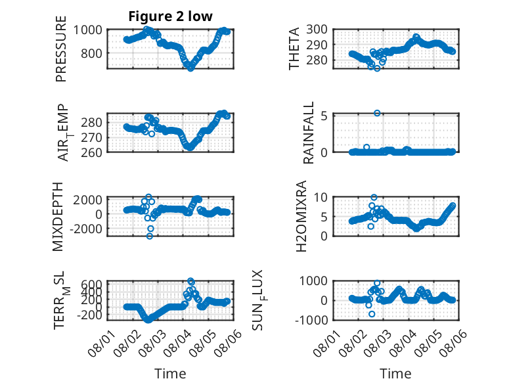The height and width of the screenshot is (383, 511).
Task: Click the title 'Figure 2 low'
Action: click(x=170, y=16)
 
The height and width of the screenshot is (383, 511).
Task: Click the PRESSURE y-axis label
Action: click(x=61, y=49)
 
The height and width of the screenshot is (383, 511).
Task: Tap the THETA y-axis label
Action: click(x=294, y=49)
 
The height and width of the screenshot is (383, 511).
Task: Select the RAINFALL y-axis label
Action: click(x=308, y=132)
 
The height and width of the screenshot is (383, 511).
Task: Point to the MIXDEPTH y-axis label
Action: click(x=57, y=216)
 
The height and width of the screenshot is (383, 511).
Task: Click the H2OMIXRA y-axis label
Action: click(x=301, y=216)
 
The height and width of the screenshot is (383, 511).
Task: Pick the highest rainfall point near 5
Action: click(x=377, y=113)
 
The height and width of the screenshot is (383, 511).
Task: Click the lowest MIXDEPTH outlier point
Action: click(x=150, y=236)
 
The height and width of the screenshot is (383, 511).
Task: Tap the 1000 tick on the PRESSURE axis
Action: click(x=87, y=30)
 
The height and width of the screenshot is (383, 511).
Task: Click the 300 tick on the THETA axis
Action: click(x=317, y=30)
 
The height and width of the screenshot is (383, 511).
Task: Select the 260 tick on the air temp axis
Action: click(x=91, y=152)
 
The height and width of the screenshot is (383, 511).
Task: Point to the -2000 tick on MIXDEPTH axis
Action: click(x=85, y=229)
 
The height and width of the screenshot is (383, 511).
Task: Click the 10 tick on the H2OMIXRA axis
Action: click(x=321, y=197)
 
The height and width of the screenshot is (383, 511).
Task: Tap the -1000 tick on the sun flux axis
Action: click(x=311, y=320)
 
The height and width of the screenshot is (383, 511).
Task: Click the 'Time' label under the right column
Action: click(x=395, y=374)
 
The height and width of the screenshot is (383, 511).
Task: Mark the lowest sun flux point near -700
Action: click(x=372, y=314)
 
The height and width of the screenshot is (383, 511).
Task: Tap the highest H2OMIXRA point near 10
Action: click(x=374, y=197)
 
